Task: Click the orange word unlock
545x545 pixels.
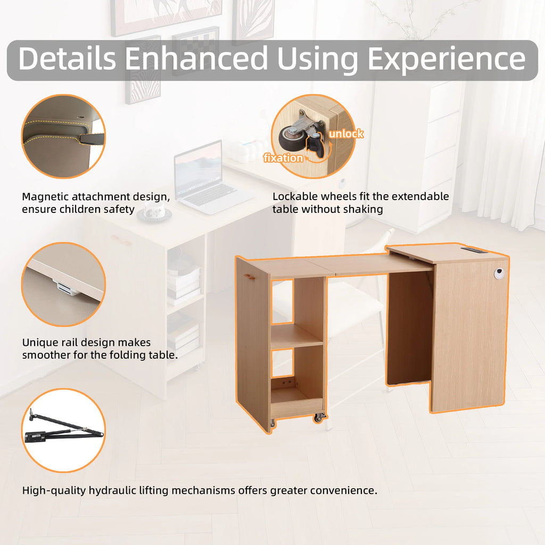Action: pos(345,134)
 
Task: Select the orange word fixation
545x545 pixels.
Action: pos(283,158)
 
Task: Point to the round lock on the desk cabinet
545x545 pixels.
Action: pos(498,274)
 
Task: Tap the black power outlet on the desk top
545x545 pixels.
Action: pos(471,249)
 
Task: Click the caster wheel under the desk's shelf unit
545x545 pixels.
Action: pos(319,418)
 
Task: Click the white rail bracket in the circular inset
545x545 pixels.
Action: pos(66,288)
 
